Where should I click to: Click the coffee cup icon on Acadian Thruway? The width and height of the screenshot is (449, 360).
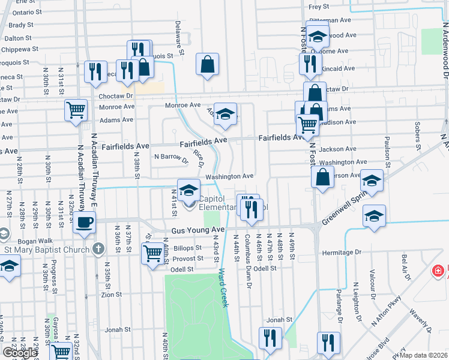click(x=85, y=221)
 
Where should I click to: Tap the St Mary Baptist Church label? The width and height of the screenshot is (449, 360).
click(x=46, y=248)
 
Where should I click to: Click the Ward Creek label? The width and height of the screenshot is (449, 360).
click(x=224, y=289)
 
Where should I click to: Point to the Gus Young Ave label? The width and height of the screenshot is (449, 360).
click(x=197, y=230)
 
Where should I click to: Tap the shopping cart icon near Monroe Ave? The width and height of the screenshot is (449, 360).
click(x=76, y=109)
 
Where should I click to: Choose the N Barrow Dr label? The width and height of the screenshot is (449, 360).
click(x=171, y=157)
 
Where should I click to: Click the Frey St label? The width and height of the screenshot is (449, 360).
click(x=319, y=7)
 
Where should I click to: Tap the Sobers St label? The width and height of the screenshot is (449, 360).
click(x=417, y=136)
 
